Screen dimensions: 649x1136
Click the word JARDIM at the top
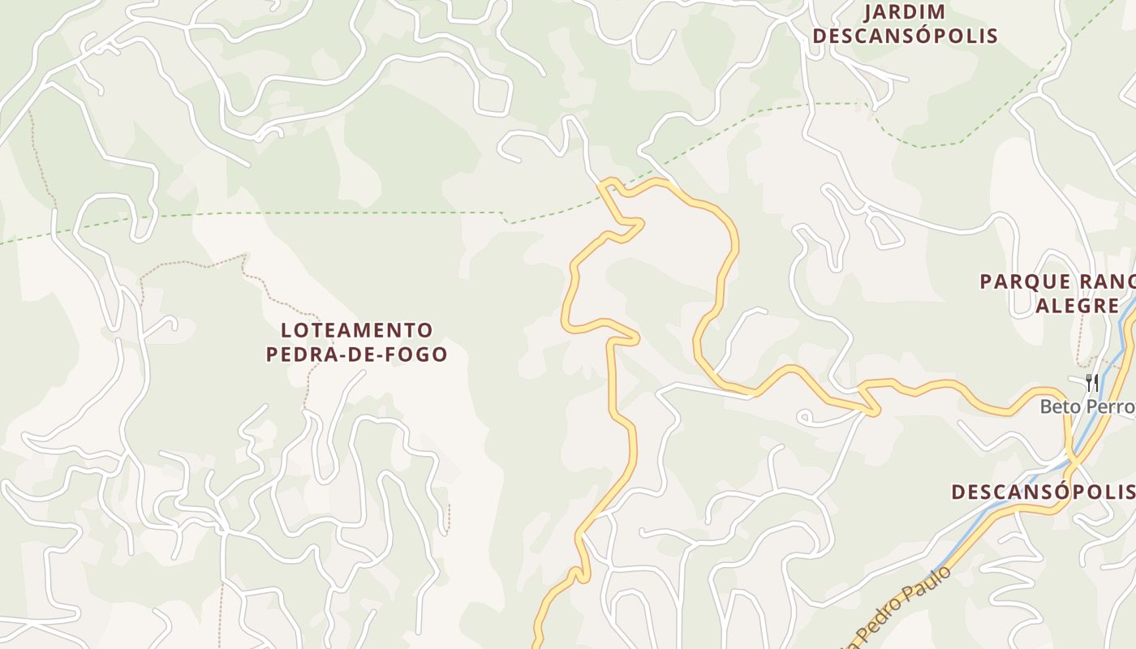905,12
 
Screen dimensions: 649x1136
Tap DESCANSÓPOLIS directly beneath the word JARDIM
905,37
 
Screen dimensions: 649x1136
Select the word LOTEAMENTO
357,330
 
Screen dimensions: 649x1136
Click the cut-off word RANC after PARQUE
1107,282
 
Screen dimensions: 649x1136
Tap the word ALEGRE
1077,306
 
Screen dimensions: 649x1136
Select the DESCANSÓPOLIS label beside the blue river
1043,492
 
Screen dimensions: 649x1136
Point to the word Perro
1112,406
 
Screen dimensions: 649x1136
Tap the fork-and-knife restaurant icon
1092,382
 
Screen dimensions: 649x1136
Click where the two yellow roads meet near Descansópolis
1073,461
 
